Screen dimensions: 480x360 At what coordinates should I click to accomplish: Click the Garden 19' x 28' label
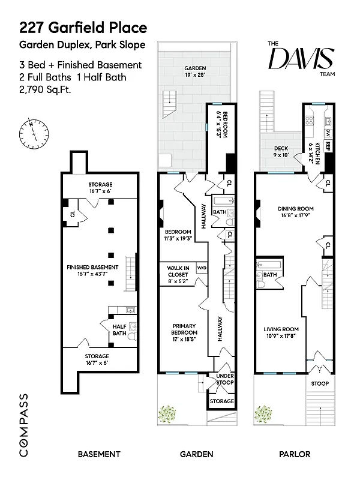(189, 72)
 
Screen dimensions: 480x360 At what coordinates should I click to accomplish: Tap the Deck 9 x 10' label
(281, 151)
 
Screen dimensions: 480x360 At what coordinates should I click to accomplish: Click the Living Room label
(281, 332)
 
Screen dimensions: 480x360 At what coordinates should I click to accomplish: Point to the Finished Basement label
(92, 271)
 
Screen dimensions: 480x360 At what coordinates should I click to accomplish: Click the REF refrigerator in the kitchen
(328, 145)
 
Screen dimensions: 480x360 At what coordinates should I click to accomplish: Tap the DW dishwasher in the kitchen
(328, 132)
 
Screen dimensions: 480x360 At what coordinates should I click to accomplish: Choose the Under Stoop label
(221, 379)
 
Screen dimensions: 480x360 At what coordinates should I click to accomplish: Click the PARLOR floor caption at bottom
(294, 454)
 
